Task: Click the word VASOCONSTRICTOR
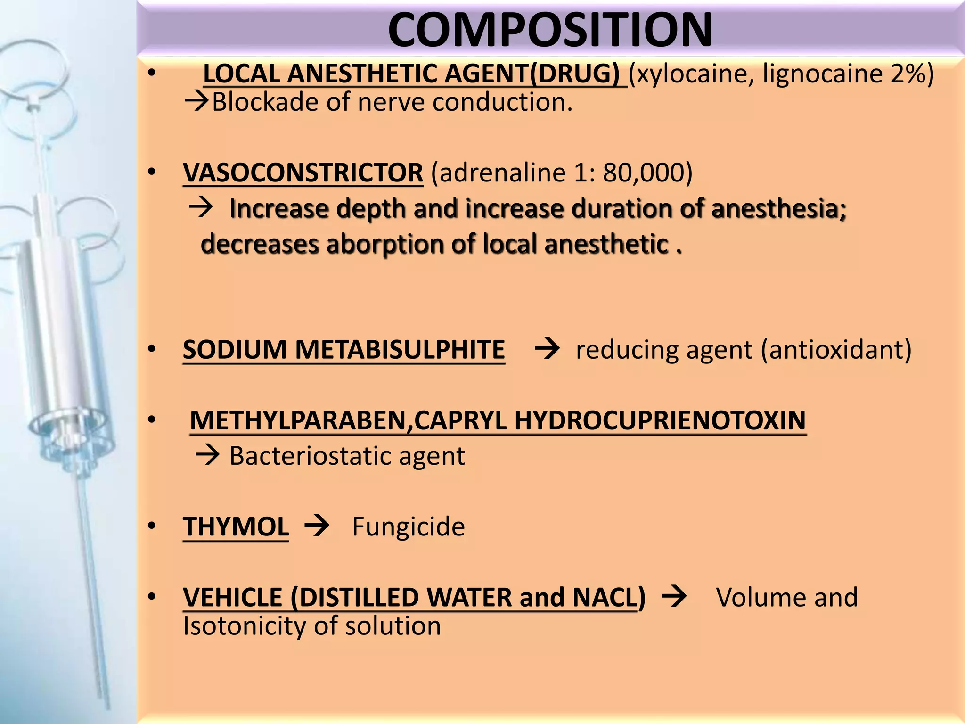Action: [303, 173]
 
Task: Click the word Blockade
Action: [265, 102]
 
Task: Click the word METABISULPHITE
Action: [400, 350]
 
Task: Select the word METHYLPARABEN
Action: [298, 420]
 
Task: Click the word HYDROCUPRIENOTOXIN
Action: [660, 420]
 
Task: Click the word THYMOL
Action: [236, 527]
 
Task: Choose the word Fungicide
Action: [408, 527]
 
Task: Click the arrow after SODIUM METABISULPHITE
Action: [547, 349]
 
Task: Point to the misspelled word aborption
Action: [385, 244]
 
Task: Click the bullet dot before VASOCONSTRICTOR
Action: [151, 173]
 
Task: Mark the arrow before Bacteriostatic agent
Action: [207, 455]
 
